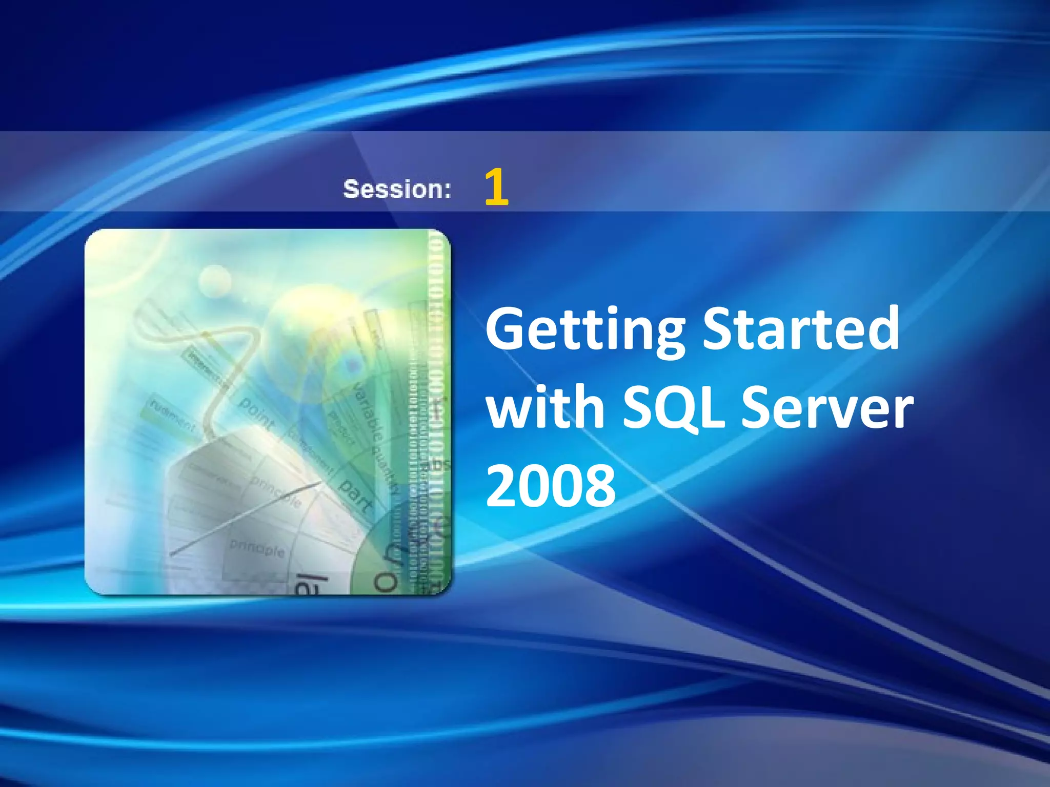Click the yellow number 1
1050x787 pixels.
click(x=496, y=188)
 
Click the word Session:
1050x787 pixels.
click(x=397, y=189)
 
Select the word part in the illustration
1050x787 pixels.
click(x=356, y=496)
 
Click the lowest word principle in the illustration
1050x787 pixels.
click(x=257, y=548)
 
